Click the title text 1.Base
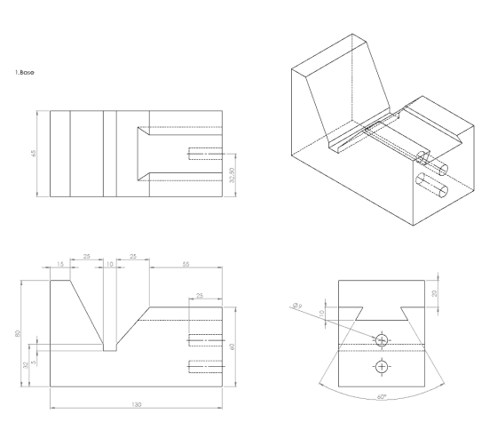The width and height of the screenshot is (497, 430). (25, 72)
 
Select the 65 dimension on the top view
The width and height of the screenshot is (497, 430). (34, 153)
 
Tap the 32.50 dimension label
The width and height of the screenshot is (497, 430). (232, 175)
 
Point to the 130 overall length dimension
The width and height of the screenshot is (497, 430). (137, 404)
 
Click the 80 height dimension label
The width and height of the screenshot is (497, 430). (18, 333)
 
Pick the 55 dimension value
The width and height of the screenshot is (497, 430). (186, 264)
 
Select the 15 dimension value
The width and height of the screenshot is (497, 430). (60, 264)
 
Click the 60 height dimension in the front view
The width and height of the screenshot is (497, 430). (233, 346)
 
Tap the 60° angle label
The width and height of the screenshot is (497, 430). (382, 396)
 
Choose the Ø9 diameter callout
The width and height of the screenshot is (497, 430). (297, 306)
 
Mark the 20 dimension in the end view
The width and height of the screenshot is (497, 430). (435, 293)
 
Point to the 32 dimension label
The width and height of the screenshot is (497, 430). (26, 365)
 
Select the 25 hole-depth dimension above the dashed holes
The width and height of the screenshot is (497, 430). (200, 296)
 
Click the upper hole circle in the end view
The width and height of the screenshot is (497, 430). (382, 340)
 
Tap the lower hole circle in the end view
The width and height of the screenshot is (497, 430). (382, 367)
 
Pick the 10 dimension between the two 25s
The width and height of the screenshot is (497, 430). (110, 264)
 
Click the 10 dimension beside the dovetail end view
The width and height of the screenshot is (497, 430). (321, 314)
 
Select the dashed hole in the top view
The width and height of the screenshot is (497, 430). (205, 154)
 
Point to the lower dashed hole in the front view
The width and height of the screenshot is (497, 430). (205, 366)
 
